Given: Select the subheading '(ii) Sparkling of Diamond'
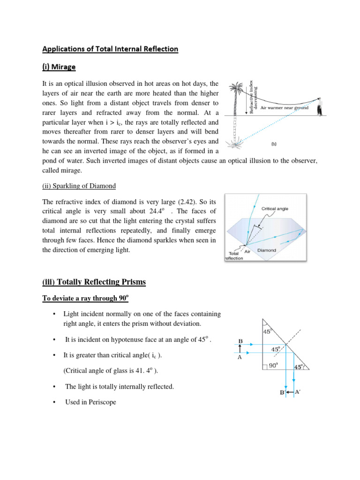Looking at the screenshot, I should point(79,186).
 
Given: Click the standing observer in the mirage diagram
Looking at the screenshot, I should point(320,107).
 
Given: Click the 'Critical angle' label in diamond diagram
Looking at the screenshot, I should point(275,209).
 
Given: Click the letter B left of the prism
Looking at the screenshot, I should point(240,341).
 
